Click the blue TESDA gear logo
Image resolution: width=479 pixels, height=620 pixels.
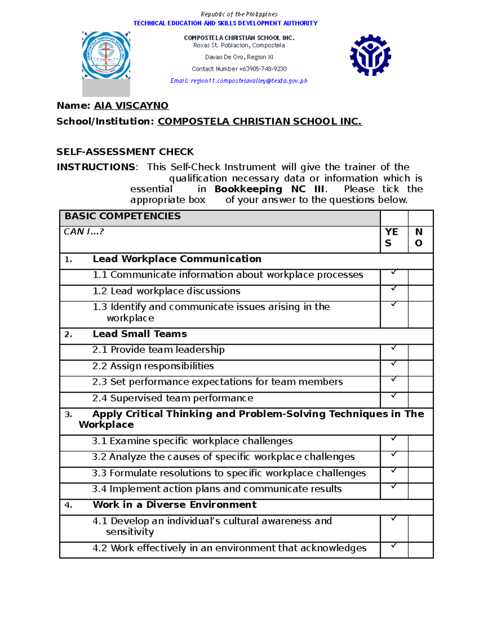pyautogui.click(x=370, y=55)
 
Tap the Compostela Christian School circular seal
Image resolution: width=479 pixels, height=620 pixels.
pyautogui.click(x=106, y=55)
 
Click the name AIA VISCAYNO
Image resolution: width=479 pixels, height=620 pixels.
pyautogui.click(x=131, y=105)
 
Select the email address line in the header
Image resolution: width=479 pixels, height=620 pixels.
pyautogui.click(x=239, y=81)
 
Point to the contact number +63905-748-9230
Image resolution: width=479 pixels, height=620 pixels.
pyautogui.click(x=239, y=69)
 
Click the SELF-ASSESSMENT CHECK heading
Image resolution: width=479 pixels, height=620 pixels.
pyautogui.click(x=125, y=152)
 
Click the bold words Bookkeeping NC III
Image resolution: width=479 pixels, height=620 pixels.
pyautogui.click(x=269, y=189)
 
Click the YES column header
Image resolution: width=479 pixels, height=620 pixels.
pyautogui.click(x=391, y=237)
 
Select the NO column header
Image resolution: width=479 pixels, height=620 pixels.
pyautogui.click(x=419, y=237)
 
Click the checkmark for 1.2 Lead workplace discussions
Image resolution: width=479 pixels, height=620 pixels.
pyautogui.click(x=394, y=288)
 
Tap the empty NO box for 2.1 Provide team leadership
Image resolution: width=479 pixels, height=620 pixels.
pyautogui.click(x=420, y=352)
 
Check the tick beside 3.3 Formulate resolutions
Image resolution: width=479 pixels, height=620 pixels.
pyautogui.click(x=394, y=470)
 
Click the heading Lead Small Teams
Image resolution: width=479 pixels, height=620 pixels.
pyautogui.click(x=140, y=334)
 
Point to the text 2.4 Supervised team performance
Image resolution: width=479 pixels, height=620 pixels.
pyautogui.click(x=172, y=398)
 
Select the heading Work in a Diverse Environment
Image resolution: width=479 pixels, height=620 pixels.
pyautogui.click(x=174, y=505)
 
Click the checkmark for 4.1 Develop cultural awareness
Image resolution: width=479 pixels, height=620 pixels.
pyautogui.click(x=394, y=518)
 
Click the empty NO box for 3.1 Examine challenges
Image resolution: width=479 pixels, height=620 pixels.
pyautogui.click(x=420, y=443)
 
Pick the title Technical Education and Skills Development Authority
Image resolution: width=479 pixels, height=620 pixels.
pyautogui.click(x=226, y=23)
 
